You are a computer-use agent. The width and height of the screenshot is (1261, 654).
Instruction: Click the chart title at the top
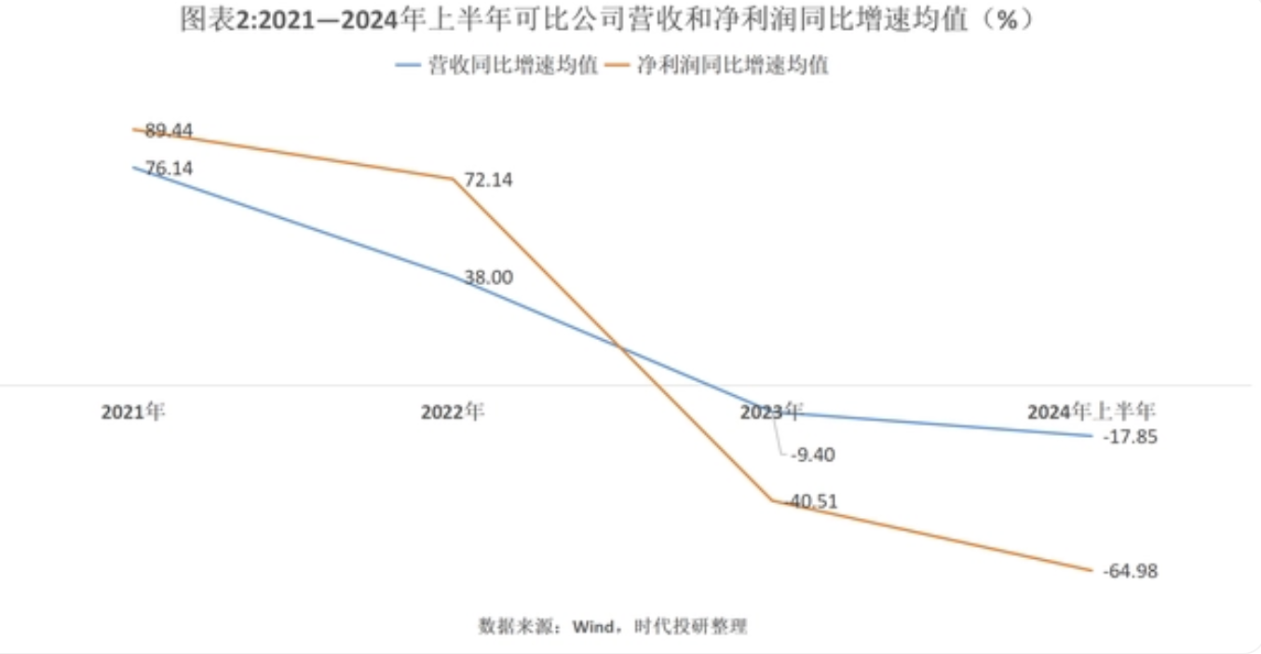coord(607,20)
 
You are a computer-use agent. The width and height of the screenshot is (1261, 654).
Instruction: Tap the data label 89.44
coord(169,131)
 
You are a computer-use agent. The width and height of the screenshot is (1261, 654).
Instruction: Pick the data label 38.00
coord(488,278)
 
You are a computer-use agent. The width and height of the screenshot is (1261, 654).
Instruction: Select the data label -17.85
coord(1130,437)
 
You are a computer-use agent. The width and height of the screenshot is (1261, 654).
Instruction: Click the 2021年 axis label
coord(133,412)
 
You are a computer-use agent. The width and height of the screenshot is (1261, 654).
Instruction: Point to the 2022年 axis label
coord(453,412)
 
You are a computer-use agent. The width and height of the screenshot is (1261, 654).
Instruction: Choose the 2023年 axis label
coord(771,412)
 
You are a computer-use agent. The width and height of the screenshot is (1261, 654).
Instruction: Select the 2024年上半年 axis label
coord(1091,412)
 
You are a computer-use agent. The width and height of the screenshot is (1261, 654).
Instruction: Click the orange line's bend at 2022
coord(453,179)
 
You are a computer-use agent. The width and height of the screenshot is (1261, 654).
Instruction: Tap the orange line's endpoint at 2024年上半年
coord(1091,570)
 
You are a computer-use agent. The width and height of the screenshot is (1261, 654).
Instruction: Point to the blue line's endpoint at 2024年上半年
coord(1091,435)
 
